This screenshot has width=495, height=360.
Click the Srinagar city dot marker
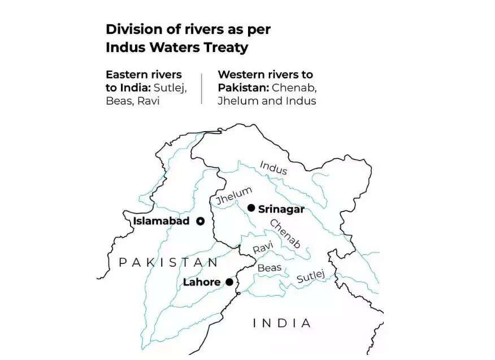(251, 208)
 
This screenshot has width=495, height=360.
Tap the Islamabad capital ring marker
(200, 221)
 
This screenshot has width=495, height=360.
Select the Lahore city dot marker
(229, 281)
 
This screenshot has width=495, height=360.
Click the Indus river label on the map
(273, 167)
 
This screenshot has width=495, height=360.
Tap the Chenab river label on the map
(285, 233)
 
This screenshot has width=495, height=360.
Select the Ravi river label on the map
(263, 248)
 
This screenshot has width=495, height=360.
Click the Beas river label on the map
(269, 268)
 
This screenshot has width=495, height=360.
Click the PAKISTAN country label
(168, 262)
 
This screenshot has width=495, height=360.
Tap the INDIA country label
(281, 323)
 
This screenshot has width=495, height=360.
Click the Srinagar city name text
(281, 209)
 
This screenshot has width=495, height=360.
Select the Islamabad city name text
(161, 221)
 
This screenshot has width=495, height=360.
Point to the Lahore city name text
(202, 282)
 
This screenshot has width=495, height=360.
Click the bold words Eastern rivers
(144, 75)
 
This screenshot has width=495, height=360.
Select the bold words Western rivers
(265, 75)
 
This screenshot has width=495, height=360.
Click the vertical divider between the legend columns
(201, 88)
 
